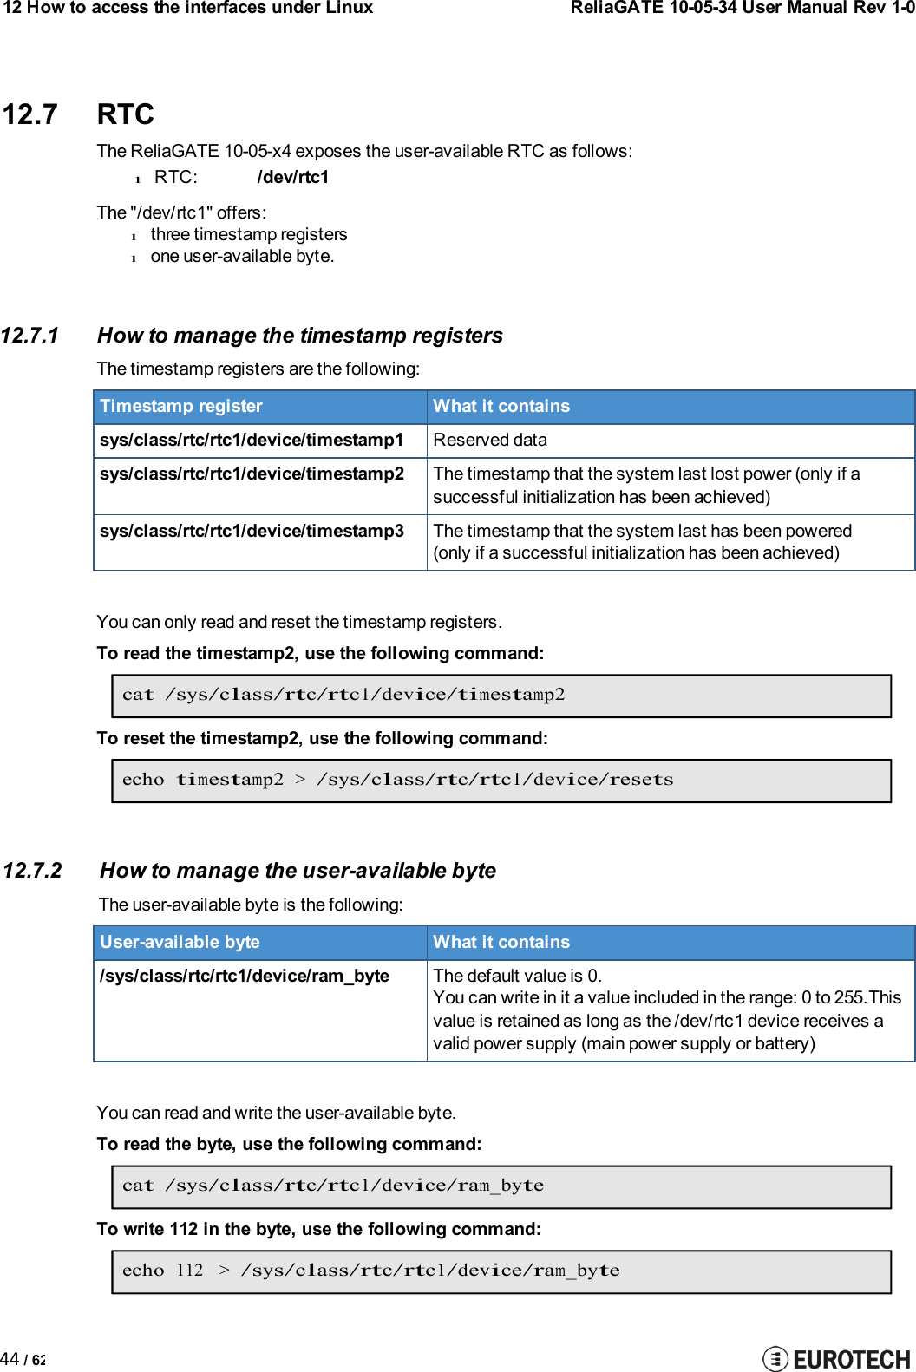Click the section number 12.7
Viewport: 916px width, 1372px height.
tap(29, 114)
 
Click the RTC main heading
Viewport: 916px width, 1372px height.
tap(125, 114)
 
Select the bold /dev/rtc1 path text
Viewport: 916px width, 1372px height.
tap(292, 178)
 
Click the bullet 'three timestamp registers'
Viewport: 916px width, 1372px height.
tap(248, 235)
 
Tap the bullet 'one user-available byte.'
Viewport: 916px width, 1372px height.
tap(242, 257)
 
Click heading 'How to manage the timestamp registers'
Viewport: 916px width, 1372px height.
tap(299, 336)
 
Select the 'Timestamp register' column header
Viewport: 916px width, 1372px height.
tap(180, 407)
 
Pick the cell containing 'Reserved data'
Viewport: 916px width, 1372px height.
tap(490, 441)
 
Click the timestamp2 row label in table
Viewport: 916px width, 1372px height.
tap(252, 474)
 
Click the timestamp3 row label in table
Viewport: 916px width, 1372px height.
tap(252, 532)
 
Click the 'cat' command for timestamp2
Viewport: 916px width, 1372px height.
tap(343, 696)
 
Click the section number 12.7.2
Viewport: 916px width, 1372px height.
tap(32, 871)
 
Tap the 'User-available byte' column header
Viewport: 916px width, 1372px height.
tap(180, 943)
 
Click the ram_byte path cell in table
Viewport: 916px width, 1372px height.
tap(244, 977)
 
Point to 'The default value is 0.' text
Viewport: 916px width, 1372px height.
tap(517, 977)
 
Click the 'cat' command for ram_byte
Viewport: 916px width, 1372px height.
tap(332, 1186)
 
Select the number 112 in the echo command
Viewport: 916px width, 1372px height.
tap(189, 1271)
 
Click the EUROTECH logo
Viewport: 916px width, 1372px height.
tap(836, 1359)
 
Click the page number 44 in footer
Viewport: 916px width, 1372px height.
tap(10, 1359)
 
